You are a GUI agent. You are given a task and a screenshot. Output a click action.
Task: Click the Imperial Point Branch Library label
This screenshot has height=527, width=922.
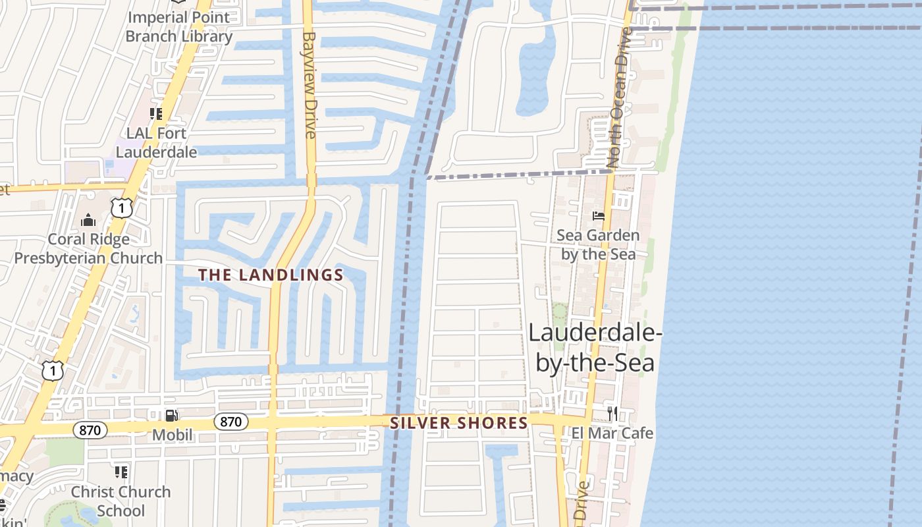[x=178, y=26]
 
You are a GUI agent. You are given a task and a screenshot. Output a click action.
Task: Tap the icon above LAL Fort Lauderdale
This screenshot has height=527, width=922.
[x=156, y=114]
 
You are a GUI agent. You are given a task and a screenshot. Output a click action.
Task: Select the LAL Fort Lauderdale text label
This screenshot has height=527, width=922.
[x=157, y=142]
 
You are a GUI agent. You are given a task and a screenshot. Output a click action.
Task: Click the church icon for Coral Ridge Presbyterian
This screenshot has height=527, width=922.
[x=88, y=220]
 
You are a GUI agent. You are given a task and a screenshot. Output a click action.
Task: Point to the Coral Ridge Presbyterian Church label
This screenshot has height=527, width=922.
[x=88, y=248]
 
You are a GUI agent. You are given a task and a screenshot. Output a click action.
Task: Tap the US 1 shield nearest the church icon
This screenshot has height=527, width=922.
[x=122, y=208]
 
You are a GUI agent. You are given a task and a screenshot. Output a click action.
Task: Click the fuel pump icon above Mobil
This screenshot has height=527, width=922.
[x=171, y=415]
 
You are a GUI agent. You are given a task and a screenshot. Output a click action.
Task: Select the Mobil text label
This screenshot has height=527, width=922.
[x=173, y=435]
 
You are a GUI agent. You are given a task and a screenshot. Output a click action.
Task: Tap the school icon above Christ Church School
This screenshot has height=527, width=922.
[x=121, y=472]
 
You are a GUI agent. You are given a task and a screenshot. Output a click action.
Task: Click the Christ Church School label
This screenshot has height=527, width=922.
[x=121, y=501]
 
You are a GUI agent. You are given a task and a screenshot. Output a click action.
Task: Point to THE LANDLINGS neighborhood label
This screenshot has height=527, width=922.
[x=271, y=275]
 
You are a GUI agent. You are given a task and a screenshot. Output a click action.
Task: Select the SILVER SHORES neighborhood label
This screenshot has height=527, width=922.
[x=459, y=423]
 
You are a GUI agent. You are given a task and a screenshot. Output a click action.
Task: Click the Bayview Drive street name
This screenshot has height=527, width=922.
[x=310, y=86]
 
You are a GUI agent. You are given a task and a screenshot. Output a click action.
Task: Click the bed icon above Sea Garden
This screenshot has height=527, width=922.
[x=598, y=216]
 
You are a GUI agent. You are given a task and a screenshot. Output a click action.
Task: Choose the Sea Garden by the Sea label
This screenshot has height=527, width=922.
[x=598, y=244]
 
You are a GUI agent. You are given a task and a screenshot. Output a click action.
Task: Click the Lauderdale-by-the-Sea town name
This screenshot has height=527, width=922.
[x=595, y=348]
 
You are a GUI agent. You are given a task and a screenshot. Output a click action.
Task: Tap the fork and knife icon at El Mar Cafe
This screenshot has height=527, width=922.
[x=612, y=413]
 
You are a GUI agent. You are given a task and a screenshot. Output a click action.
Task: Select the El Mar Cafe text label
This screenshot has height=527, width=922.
[x=612, y=433]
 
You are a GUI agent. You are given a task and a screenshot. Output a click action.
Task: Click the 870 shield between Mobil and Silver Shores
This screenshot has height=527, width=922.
[x=230, y=422]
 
